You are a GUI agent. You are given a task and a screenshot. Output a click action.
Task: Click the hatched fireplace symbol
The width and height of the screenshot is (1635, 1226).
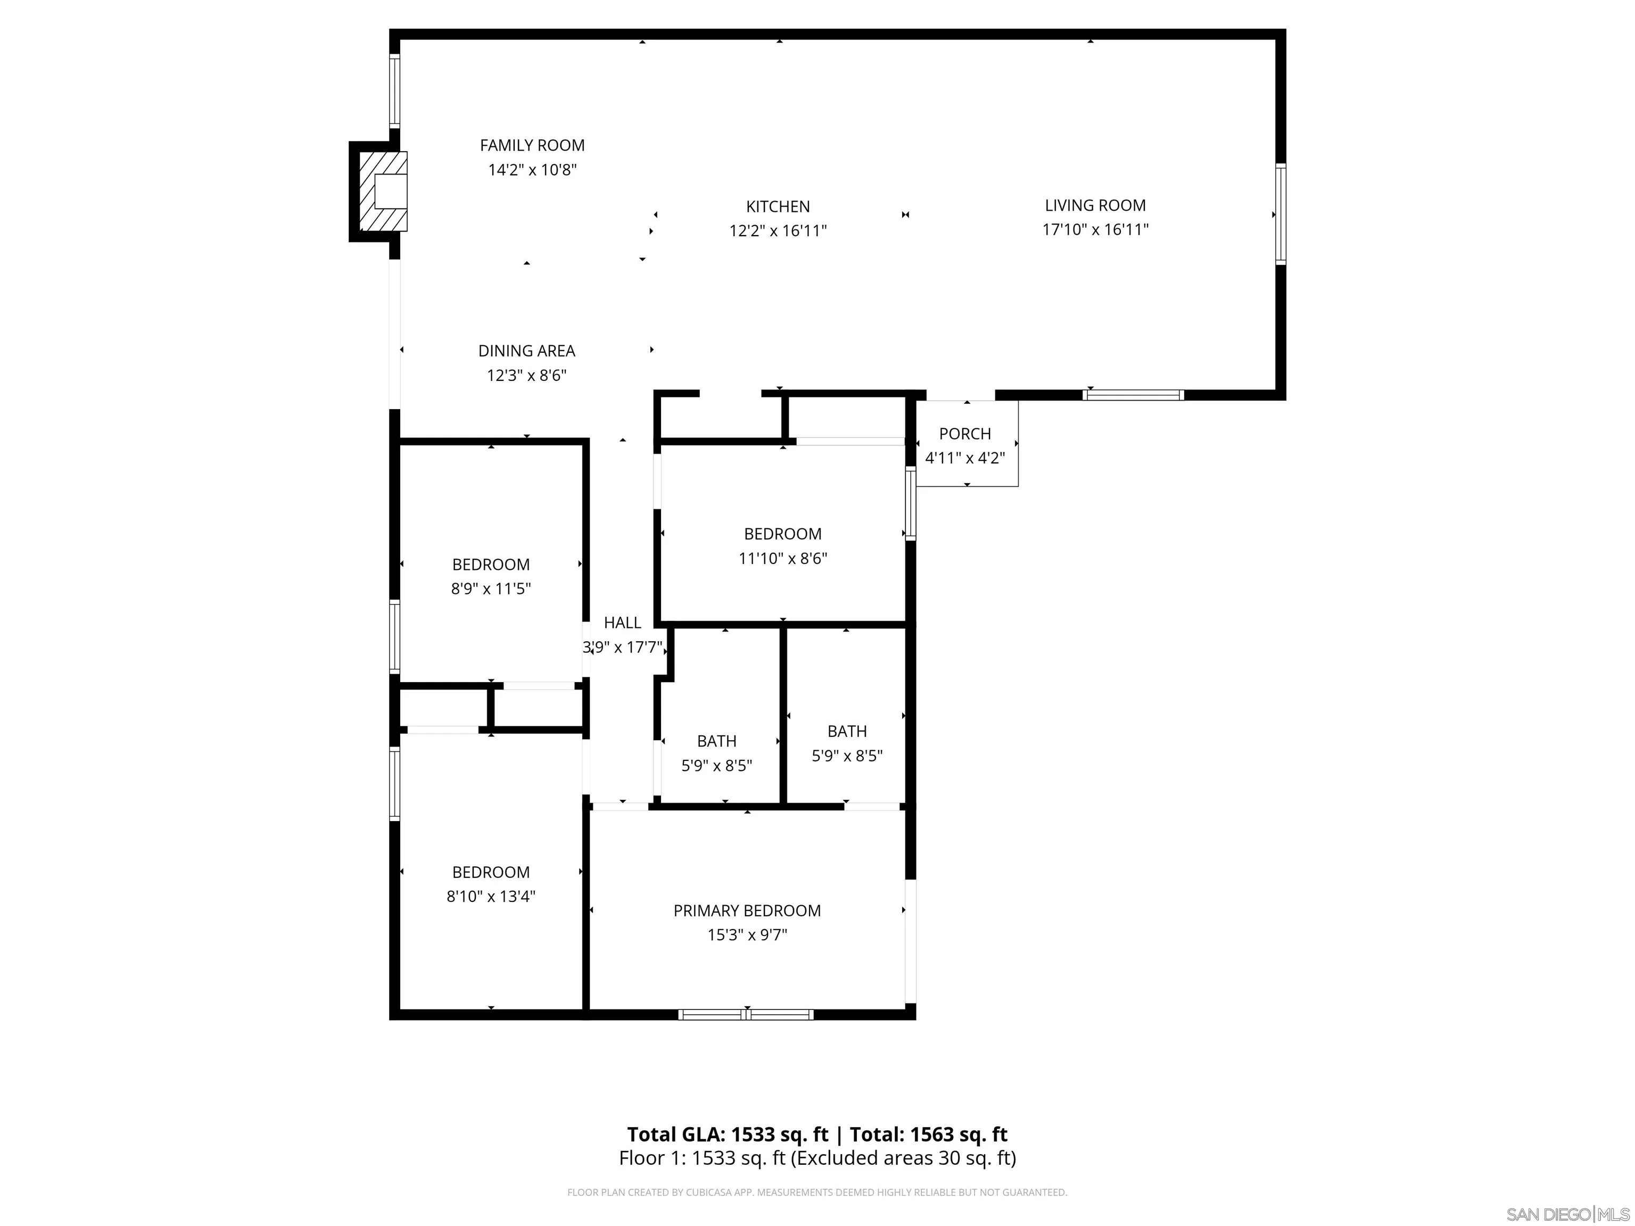click(x=382, y=192)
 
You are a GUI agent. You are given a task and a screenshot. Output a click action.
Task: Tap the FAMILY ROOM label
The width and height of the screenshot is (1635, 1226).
click(x=532, y=146)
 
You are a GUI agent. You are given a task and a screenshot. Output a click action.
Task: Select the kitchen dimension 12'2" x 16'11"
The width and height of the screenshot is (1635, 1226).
click(x=778, y=230)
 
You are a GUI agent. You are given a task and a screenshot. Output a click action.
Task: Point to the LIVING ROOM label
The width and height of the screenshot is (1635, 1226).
click(x=1095, y=205)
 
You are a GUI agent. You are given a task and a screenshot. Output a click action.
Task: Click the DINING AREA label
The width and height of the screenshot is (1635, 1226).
click(x=526, y=351)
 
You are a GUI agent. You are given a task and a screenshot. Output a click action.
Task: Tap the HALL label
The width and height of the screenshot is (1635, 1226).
click(x=622, y=623)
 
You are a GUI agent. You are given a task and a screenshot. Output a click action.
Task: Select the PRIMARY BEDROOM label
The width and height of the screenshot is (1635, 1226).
click(x=747, y=910)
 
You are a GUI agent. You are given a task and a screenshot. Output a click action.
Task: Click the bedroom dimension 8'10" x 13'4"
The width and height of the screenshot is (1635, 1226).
click(x=491, y=897)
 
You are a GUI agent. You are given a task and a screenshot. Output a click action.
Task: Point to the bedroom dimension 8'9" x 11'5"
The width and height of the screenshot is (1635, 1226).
click(x=491, y=589)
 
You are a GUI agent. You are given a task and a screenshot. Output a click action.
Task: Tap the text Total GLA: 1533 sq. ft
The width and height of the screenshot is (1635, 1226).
click(x=728, y=1134)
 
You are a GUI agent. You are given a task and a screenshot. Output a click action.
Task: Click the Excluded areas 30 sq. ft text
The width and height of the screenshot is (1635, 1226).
click(x=903, y=1158)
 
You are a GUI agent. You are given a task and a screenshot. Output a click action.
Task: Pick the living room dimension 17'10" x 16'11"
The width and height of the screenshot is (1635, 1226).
click(x=1095, y=230)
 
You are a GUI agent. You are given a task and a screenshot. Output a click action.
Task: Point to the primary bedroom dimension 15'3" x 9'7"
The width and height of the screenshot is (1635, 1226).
click(x=747, y=935)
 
